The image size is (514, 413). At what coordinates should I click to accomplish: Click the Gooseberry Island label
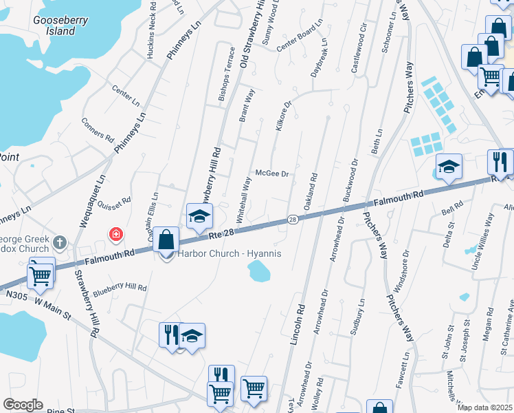(60, 25)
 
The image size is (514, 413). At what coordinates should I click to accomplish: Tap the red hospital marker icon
(116, 235)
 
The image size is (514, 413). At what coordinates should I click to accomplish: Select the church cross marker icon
(60, 242)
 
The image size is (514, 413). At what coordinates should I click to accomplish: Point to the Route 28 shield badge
(292, 219)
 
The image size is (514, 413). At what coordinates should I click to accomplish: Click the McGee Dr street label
(271, 173)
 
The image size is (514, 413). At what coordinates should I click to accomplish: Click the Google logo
(23, 405)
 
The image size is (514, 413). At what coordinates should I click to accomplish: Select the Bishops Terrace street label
(227, 74)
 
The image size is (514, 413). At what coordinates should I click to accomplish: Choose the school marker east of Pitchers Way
(449, 167)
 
